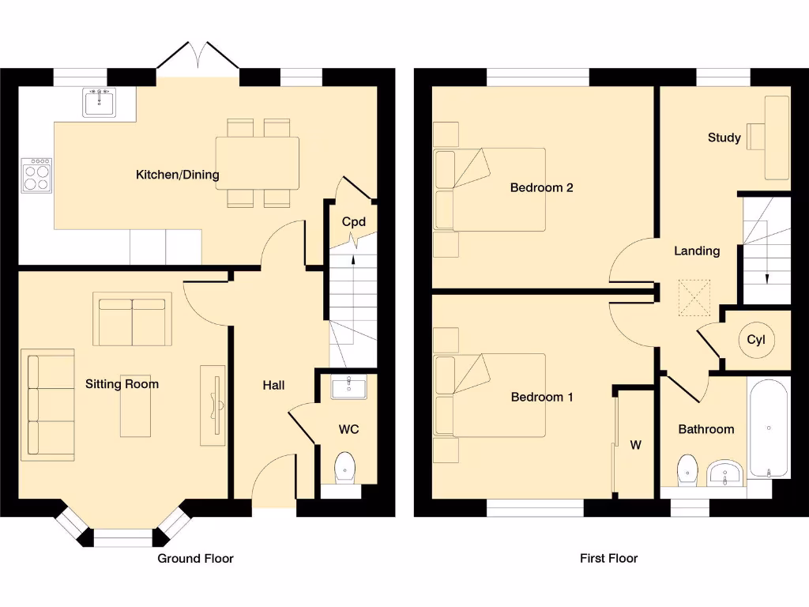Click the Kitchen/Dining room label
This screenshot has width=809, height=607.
178,175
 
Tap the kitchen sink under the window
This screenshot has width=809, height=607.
99,103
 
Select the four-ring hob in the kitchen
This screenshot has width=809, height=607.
36,175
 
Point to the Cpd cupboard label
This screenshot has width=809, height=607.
353,222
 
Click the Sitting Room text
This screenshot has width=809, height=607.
122,384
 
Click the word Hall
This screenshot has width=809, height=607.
273,385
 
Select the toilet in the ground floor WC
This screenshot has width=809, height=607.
345,467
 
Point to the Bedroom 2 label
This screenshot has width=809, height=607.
541,187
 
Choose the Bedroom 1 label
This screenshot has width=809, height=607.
541,397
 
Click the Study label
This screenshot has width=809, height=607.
724,138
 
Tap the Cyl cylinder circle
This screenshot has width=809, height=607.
756,341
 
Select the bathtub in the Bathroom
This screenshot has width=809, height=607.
768,429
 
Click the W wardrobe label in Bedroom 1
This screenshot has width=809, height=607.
635,445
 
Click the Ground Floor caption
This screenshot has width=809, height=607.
195,558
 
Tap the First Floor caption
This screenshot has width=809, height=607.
608,558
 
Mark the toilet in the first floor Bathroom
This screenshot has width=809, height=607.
687,469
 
